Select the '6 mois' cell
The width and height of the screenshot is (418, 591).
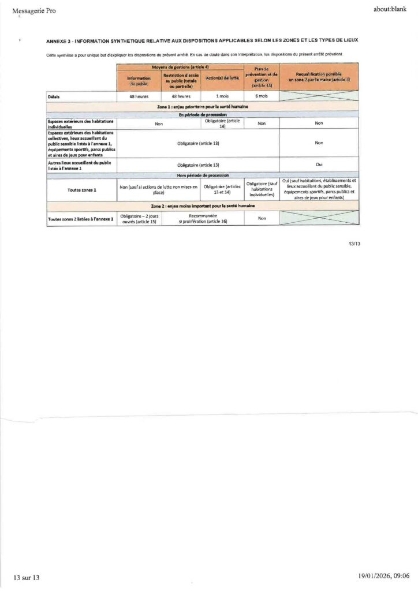click(262, 96)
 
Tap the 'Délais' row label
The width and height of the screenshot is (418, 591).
click(54, 97)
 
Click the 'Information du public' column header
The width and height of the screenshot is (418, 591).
click(139, 80)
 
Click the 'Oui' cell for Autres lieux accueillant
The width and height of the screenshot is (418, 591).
click(319, 164)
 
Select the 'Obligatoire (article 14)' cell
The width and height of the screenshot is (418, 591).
click(222, 124)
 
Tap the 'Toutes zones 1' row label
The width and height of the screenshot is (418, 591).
click(81, 189)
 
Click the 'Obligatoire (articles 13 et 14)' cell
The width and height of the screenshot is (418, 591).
click(222, 189)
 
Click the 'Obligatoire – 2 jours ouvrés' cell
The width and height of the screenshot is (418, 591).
click(139, 218)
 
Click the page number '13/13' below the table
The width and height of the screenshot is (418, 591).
click(354, 244)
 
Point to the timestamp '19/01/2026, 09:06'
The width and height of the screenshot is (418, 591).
click(383, 576)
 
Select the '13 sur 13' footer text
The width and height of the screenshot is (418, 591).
click(26, 577)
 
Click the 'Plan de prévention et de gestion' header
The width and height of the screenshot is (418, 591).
click(262, 77)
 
